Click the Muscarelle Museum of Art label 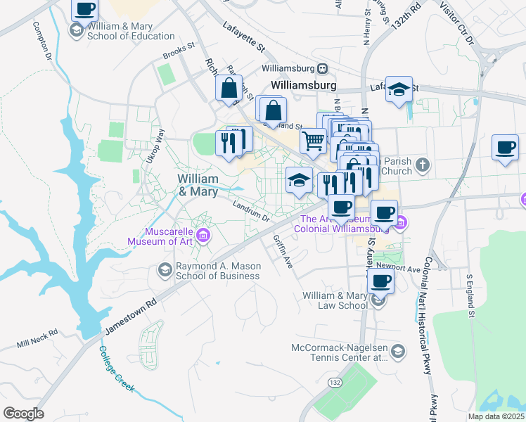[x=160, y=236]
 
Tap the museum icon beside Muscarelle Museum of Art [x=204, y=235]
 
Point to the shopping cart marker [x=312, y=141]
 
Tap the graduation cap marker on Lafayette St [x=399, y=90]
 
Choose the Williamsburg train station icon [x=322, y=69]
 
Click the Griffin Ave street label [x=283, y=251]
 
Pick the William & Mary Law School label [x=335, y=300]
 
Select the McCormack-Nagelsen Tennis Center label [x=340, y=353]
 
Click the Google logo [x=24, y=414]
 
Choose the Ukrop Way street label [x=158, y=147]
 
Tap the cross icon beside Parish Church [x=422, y=165]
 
